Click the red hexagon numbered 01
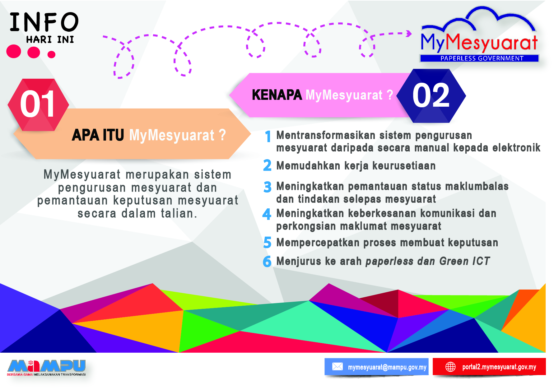click(x=38, y=104)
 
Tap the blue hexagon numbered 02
click(x=431, y=96)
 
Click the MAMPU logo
click(x=47, y=368)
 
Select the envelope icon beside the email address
click(x=337, y=367)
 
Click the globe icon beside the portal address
click(x=450, y=367)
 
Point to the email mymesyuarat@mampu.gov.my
click(x=387, y=367)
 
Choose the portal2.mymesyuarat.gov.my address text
click(x=499, y=367)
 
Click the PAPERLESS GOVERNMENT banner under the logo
click(x=479, y=58)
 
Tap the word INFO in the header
click(x=44, y=22)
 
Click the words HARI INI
click(x=50, y=39)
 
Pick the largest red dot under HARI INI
click(x=14, y=51)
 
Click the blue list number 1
click(x=268, y=137)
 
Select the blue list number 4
click(x=267, y=214)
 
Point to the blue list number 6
click(x=267, y=262)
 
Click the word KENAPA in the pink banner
click(x=277, y=95)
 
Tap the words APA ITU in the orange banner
click(x=98, y=135)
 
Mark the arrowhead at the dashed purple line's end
click(x=409, y=33)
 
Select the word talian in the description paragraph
click(x=179, y=214)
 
